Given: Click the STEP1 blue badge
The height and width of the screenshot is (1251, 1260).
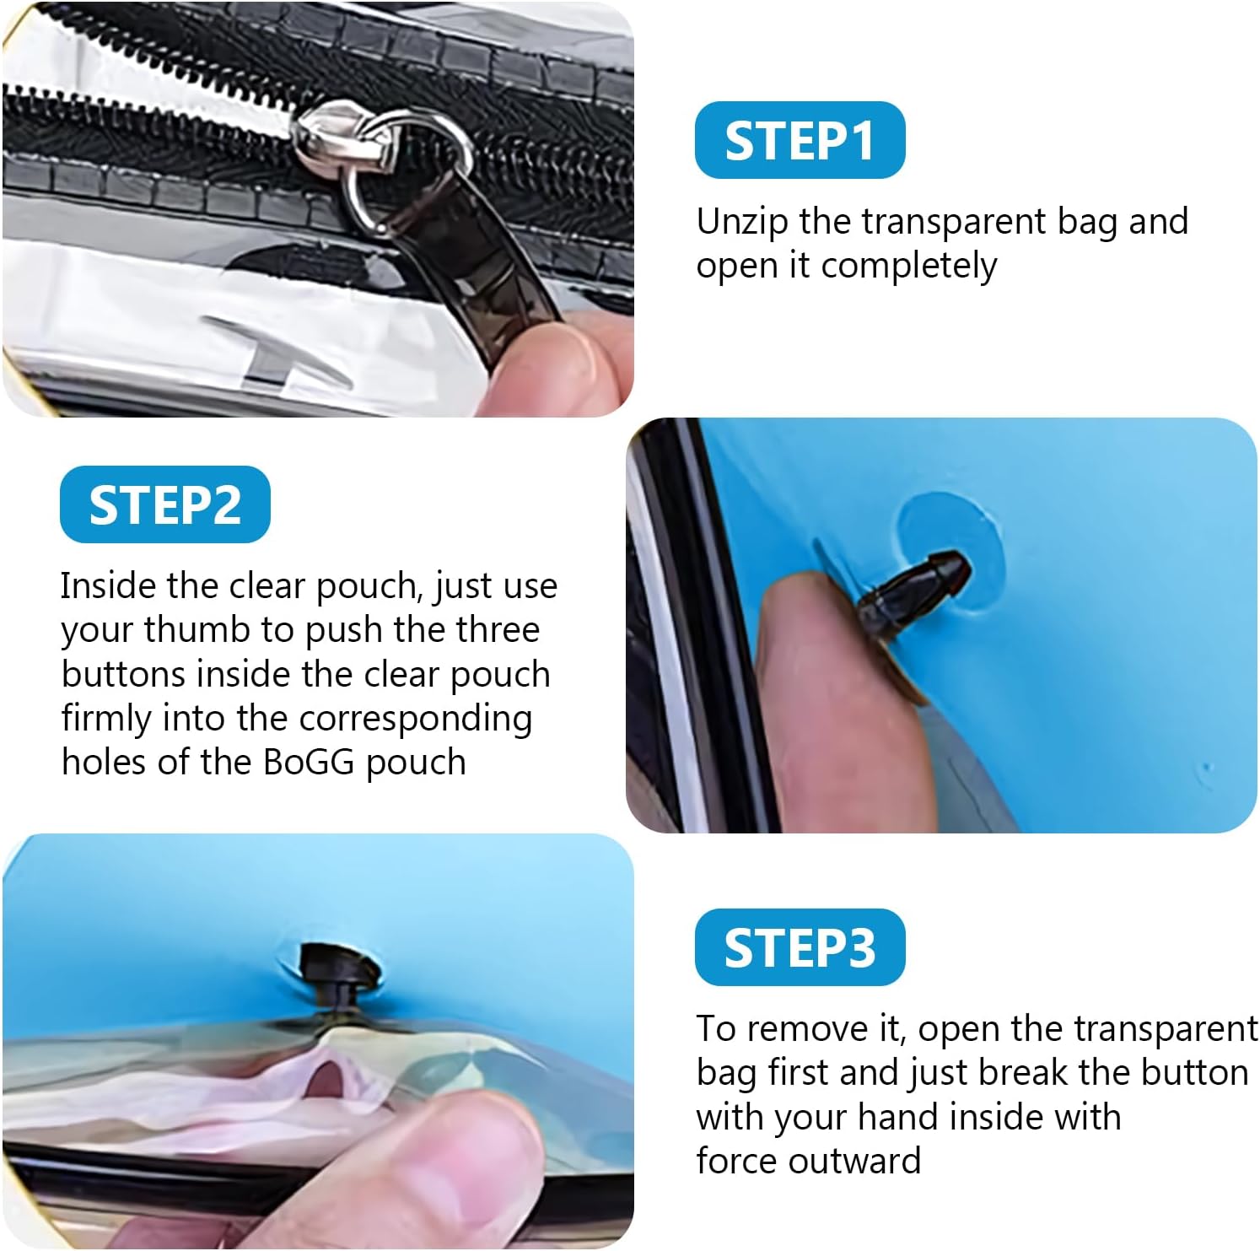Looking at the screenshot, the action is click(800, 140).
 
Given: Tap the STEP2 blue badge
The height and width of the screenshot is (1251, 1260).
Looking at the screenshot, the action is click(165, 504).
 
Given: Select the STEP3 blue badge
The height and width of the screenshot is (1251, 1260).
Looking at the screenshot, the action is click(800, 947).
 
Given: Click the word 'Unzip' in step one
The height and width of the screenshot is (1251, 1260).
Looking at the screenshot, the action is click(743, 223).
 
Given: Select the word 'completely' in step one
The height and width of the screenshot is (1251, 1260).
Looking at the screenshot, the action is click(908, 267).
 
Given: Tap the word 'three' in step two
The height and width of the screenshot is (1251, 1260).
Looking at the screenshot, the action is click(498, 630).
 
